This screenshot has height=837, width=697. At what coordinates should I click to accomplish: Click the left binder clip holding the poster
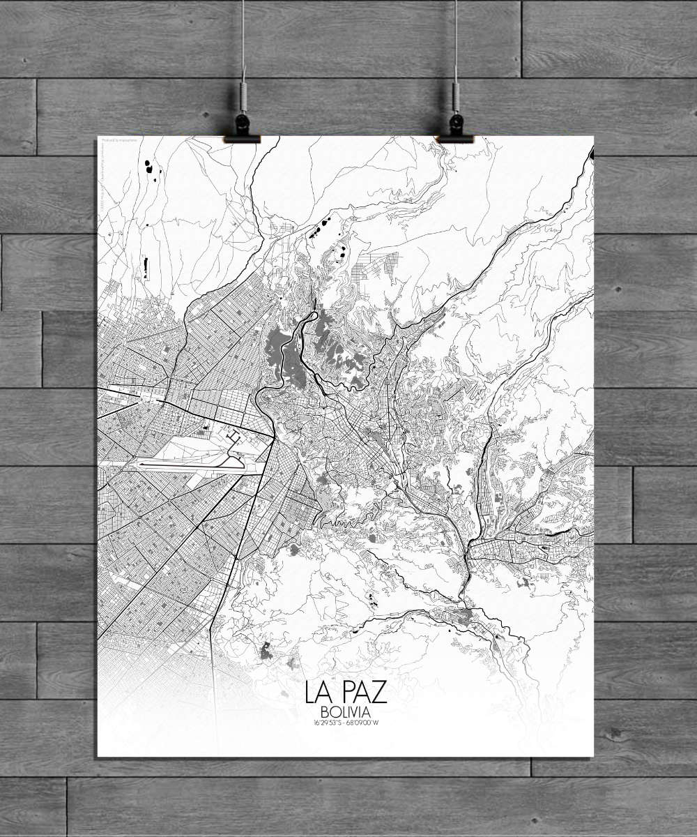click(x=242, y=130)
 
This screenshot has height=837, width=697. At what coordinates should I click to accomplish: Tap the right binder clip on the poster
click(x=455, y=130)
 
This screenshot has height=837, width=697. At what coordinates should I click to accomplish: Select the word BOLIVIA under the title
click(x=345, y=712)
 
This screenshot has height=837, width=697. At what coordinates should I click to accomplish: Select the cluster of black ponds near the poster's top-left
click(x=150, y=167)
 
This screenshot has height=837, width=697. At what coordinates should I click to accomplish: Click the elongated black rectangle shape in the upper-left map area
click(x=146, y=266)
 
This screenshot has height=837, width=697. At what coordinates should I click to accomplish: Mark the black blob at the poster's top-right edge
click(x=591, y=153)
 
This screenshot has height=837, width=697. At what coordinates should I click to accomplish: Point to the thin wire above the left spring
click(x=243, y=35)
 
